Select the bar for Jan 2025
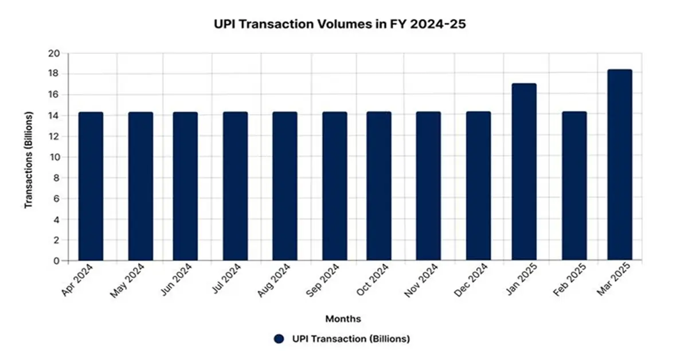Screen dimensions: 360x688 pos(524,172)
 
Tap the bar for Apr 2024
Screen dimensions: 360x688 pos(91,186)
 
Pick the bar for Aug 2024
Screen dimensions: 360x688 pos(284,186)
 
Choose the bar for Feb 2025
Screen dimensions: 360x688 pos(574,186)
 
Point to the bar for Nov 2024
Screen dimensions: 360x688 pos(428,186)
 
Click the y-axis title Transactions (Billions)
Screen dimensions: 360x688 pos(28,160)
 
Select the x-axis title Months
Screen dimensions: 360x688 pos(343,318)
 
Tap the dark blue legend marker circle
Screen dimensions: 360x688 pos(279,339)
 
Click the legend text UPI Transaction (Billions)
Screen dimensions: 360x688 pos(350,339)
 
